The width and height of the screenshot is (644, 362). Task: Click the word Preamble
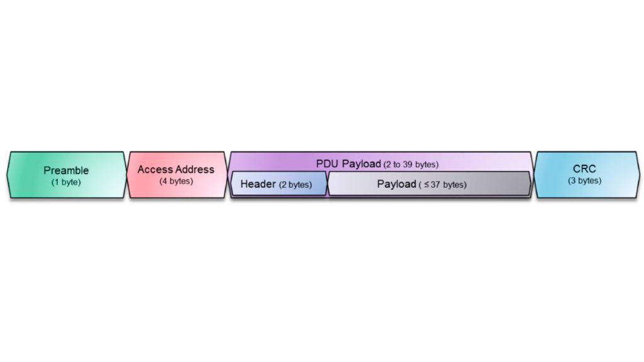tap(66, 170)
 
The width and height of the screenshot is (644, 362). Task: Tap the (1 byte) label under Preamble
tap(66, 182)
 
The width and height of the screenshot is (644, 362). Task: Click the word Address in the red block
tap(195, 170)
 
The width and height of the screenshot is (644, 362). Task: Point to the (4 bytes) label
tap(176, 181)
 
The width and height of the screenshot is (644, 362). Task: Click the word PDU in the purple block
tap(328, 164)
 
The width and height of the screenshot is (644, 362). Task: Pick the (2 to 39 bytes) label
tap(411, 165)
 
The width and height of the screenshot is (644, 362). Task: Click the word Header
tap(258, 185)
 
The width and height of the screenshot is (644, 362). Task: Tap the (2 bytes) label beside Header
tap(296, 185)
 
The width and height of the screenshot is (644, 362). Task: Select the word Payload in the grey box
tap(396, 184)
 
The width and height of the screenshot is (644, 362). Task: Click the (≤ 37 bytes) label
tap(443, 185)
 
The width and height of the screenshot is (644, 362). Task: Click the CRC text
tap(584, 169)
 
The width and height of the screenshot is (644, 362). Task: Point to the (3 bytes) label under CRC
tap(584, 181)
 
